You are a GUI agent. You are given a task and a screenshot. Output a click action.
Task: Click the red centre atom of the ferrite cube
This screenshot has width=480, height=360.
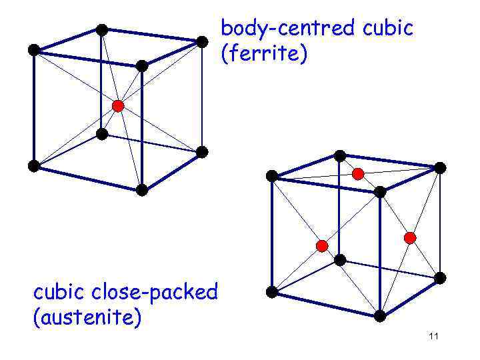pos(118,105)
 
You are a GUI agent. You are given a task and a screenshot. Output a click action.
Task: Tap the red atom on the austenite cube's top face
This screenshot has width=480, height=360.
pos(358,174)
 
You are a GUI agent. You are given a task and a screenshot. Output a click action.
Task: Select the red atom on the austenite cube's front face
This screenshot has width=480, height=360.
pos(322,246)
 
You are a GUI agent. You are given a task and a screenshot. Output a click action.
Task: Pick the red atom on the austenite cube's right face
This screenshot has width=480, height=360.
pos(410,238)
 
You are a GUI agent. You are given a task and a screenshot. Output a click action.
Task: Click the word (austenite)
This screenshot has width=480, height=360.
pos(87,317)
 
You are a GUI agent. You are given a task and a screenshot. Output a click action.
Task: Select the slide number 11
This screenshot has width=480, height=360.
pos(433,336)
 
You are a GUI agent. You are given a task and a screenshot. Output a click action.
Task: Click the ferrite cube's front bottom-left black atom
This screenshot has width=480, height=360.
pos(33,166)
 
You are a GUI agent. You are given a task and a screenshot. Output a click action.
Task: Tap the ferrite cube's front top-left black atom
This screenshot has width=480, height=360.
pos(33,49)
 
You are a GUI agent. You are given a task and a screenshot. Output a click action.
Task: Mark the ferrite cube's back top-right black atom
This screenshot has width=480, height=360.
pos(202,41)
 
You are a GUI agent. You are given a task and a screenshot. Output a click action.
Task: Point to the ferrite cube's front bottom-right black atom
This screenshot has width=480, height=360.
pos(141,190)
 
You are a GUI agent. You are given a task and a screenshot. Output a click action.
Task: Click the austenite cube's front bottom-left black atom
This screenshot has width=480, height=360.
pos(272,291)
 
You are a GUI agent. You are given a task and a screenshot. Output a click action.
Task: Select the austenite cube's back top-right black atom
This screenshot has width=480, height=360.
pos(440,167)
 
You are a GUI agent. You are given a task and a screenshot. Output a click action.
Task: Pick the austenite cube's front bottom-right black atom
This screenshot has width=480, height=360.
pos(380,315)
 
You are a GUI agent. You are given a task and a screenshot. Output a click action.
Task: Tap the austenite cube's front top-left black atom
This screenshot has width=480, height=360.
pos(272,176)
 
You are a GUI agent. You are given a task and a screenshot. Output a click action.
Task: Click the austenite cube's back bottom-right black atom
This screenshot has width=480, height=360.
pos(440,277)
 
